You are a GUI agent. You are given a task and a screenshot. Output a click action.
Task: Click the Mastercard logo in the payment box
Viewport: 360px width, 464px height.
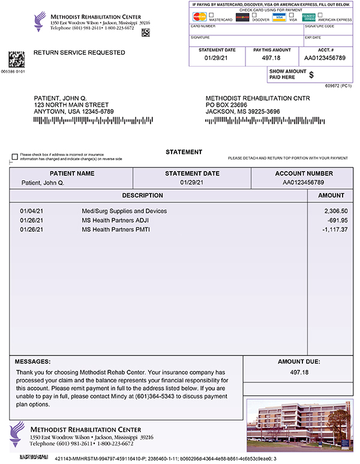click(200, 17)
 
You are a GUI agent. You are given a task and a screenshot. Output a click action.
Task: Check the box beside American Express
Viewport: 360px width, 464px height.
click(320, 15)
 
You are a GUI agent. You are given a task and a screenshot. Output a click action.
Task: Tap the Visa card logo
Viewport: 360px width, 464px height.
click(279, 17)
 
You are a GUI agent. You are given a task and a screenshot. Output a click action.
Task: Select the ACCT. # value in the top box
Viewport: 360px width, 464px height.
click(325, 58)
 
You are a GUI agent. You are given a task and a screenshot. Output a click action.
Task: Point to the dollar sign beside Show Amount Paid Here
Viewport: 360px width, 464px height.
click(311, 74)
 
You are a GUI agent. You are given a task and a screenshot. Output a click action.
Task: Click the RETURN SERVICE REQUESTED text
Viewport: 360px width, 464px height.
click(79, 53)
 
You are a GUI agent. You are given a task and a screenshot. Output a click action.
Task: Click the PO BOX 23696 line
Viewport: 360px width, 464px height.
click(230, 104)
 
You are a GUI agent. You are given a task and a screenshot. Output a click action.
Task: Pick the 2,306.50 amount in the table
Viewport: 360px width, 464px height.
click(335, 211)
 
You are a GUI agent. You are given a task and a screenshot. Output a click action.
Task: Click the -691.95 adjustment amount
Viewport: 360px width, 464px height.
click(337, 220)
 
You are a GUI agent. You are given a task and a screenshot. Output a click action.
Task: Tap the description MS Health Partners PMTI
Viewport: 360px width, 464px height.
click(116, 229)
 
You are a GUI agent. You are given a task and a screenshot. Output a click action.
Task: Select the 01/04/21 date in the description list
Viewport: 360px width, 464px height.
click(32, 211)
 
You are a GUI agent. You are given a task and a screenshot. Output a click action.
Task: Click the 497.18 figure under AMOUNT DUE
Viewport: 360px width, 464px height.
click(298, 373)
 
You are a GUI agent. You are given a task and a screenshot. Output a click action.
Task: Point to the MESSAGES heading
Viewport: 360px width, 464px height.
click(32, 362)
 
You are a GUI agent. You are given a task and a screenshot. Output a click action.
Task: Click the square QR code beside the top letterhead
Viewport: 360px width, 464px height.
click(145, 32)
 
